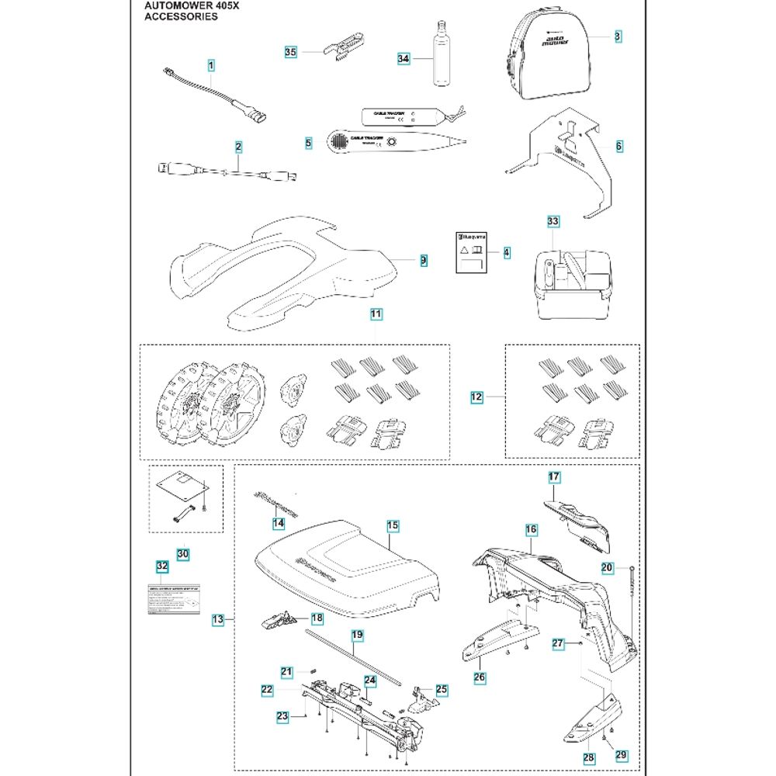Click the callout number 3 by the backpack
[617, 36]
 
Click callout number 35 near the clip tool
[290, 52]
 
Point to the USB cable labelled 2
[225, 171]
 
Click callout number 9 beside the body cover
[423, 261]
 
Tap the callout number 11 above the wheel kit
[376, 314]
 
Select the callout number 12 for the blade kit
[476, 397]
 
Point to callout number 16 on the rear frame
[531, 529]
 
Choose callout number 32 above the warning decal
[161, 566]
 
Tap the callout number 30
[182, 554]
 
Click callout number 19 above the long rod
[356, 635]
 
